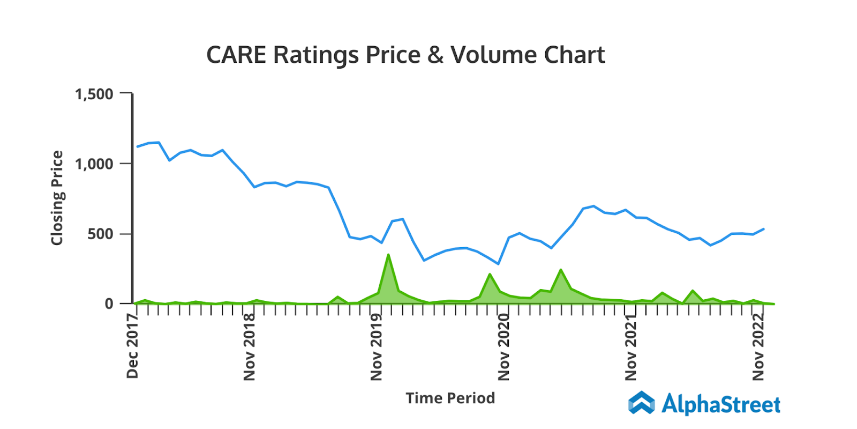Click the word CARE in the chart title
click(x=236, y=55)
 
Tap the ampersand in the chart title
click(x=435, y=55)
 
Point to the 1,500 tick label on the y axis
click(x=94, y=94)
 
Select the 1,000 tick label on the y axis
click(x=94, y=164)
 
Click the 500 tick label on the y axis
click(x=101, y=234)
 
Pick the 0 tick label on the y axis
click(x=109, y=304)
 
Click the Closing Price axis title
click(x=57, y=198)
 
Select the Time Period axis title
click(x=450, y=398)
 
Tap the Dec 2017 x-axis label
click(x=132, y=346)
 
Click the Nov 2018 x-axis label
click(x=249, y=347)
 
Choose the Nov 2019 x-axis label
click(x=377, y=347)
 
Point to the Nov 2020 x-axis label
click(x=503, y=347)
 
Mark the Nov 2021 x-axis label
click(x=631, y=347)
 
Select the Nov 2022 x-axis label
click(x=758, y=347)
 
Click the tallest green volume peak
click(x=388, y=255)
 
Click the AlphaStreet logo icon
click(x=641, y=403)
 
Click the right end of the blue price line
click(x=763, y=229)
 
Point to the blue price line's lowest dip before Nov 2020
click(x=498, y=264)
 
